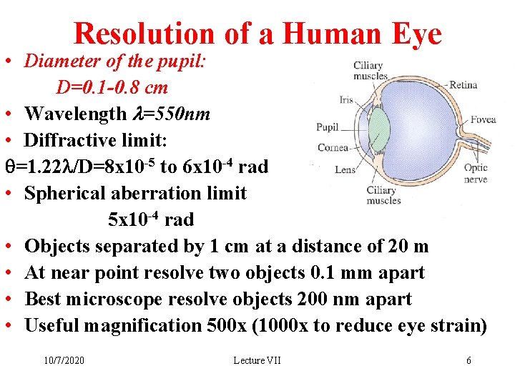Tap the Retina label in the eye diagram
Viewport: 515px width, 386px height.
[463, 85]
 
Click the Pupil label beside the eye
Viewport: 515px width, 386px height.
[328, 127]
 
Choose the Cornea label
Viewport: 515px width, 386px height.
[332, 148]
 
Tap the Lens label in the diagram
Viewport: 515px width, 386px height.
[345, 169]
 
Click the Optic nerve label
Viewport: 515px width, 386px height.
[476, 173]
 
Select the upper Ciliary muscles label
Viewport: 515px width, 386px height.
[371, 71]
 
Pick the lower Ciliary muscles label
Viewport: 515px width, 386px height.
[383, 195]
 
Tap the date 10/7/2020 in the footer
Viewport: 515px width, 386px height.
[63, 360]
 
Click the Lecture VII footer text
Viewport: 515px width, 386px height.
[257, 360]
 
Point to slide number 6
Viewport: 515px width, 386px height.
[469, 360]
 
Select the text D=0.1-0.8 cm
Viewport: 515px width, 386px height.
[113, 87]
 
